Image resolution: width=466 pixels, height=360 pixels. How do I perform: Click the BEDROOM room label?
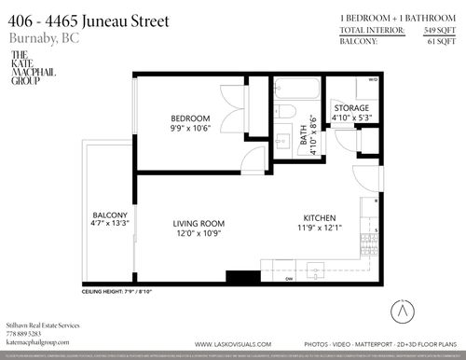click(190, 118)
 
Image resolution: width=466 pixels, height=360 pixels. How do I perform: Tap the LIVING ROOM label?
click(199, 223)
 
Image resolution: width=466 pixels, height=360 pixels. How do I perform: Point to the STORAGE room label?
click(352, 108)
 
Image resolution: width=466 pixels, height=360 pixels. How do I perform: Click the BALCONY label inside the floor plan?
click(109, 215)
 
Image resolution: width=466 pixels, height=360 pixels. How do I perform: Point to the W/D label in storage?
click(373, 81)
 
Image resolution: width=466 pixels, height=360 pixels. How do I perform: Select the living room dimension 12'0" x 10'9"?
click(199, 234)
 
